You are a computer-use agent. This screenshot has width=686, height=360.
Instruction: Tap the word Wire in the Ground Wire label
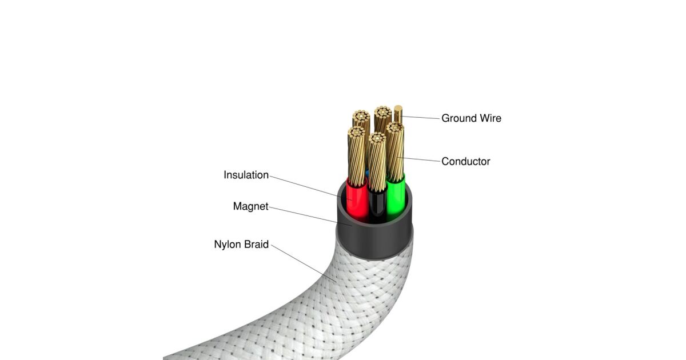click(490, 118)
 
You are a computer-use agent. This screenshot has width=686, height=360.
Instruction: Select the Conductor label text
click(466, 161)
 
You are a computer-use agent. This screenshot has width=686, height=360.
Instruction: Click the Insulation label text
click(246, 175)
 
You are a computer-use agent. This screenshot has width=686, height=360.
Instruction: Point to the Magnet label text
click(250, 206)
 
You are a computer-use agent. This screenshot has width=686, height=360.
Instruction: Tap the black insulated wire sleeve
click(377, 203)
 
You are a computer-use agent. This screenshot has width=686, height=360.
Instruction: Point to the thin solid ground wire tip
click(398, 109)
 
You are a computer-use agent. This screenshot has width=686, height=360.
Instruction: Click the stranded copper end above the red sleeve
click(357, 156)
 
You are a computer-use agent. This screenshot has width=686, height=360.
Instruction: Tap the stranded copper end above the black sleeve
click(377, 162)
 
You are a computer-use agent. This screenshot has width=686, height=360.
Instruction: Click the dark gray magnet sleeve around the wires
click(374, 239)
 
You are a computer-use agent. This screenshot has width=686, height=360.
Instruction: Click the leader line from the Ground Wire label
click(421, 117)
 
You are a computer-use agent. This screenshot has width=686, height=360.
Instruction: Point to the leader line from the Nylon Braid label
click(304, 263)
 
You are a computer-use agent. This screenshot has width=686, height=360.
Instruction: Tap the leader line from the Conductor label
click(418, 159)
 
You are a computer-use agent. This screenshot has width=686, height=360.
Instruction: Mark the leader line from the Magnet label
click(310, 216)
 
